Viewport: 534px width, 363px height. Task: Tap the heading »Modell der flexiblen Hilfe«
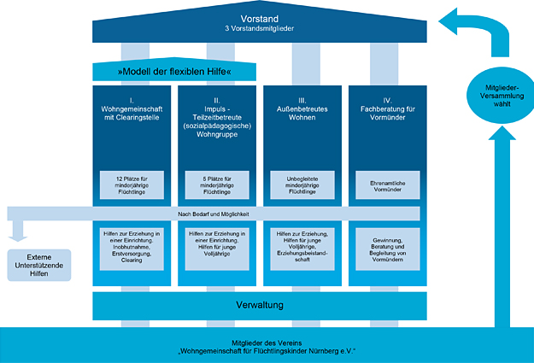point(174,71)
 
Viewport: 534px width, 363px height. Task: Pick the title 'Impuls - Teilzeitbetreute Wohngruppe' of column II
point(217,119)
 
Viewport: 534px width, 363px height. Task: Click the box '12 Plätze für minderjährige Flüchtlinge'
point(133,184)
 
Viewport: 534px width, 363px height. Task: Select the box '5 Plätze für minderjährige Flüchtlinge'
point(217,184)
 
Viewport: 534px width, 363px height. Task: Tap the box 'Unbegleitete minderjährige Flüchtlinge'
point(301,184)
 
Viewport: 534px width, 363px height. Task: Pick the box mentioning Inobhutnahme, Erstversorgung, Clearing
point(133,247)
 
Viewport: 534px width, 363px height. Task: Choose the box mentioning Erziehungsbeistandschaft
point(301,247)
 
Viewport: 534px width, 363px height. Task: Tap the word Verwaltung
point(259,305)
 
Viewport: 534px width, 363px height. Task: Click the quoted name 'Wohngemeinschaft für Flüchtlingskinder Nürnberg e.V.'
point(267,350)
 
